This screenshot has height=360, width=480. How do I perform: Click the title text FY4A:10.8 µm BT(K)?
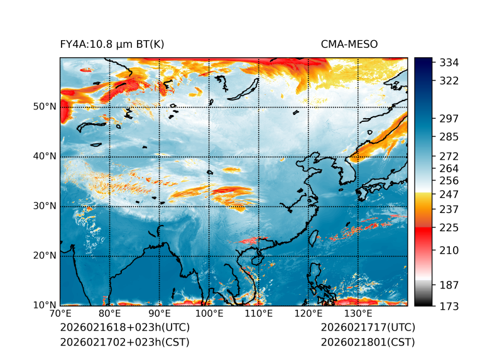click(x=112, y=44)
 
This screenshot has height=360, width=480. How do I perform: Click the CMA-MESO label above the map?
click(x=349, y=44)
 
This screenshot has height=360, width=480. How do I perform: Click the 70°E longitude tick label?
click(x=60, y=314)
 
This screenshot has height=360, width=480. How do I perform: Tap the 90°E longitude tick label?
click(x=160, y=314)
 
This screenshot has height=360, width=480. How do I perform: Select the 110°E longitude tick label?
click(x=259, y=314)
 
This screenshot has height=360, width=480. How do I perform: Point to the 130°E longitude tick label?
click(x=358, y=314)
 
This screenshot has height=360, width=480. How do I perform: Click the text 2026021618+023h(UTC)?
click(x=124, y=328)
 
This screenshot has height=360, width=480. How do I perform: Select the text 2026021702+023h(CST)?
click(x=124, y=342)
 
